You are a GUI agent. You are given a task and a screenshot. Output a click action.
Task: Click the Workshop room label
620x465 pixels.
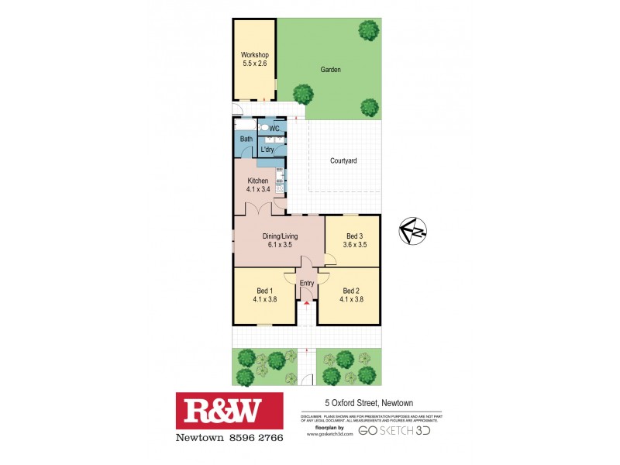click(254, 55)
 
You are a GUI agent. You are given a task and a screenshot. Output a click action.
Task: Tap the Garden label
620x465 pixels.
click(331, 70)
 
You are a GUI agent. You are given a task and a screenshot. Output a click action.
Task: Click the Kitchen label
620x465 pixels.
click(257, 181)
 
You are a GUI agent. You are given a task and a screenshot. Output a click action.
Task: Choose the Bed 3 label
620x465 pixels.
click(354, 236)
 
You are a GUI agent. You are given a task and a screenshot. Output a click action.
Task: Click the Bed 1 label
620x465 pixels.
click(263, 291)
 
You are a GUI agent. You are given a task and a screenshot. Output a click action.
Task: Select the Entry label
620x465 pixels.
click(307, 284)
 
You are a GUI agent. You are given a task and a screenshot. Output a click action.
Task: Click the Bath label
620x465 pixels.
click(246, 139)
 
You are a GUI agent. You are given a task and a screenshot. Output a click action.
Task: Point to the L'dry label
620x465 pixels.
click(268, 149)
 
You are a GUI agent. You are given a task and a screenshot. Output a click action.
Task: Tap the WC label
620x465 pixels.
click(274, 129)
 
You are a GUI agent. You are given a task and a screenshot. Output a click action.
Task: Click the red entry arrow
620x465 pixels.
click(307, 303)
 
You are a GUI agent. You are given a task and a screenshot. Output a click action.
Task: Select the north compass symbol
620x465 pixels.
click(413, 231)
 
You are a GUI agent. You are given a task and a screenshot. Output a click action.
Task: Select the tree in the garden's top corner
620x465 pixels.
click(368, 30)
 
